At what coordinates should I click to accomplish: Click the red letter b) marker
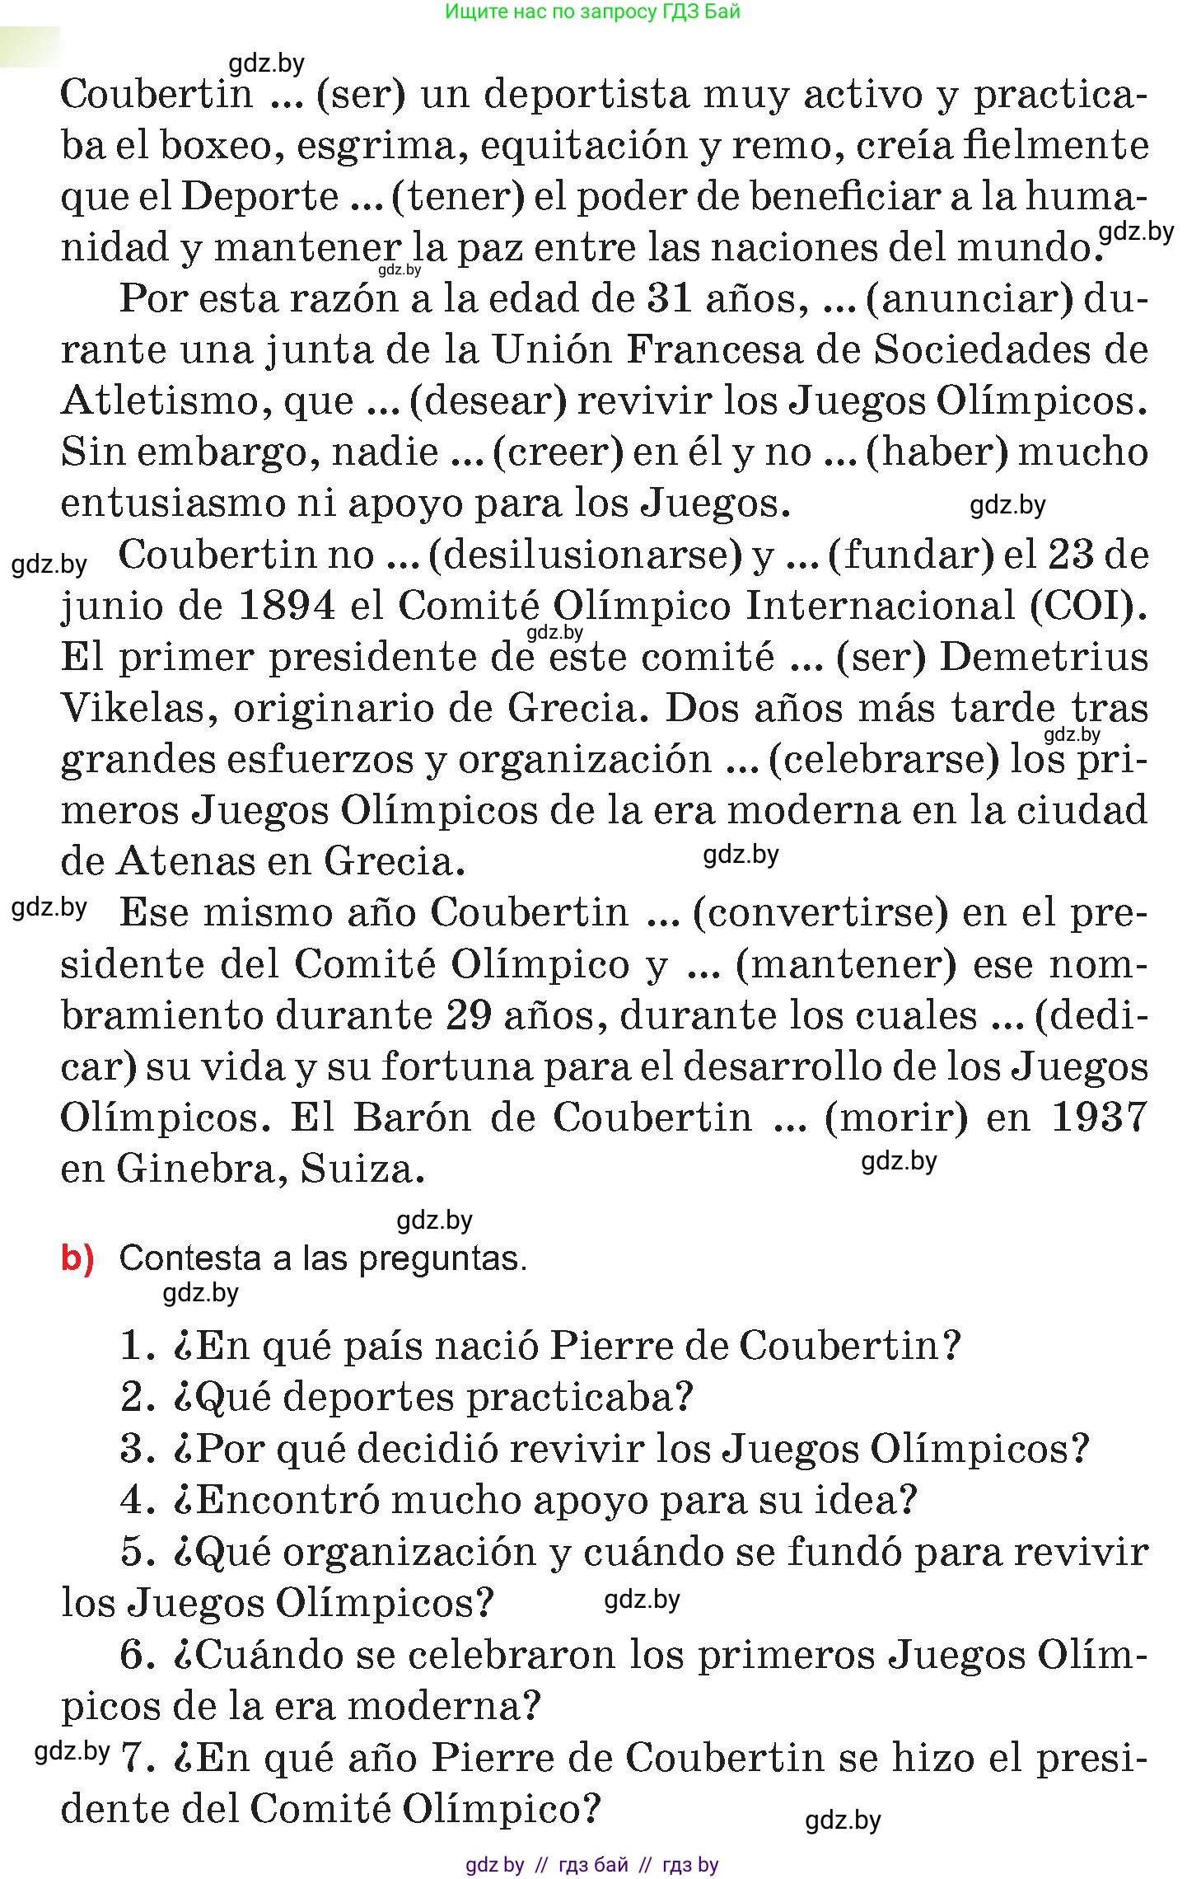[x=78, y=1258]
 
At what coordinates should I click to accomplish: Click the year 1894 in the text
[x=287, y=607]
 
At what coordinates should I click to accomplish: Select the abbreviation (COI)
[x=1089, y=607]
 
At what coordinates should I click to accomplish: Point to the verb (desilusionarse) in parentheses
[x=586, y=555]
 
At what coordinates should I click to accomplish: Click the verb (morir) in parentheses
[x=896, y=1118]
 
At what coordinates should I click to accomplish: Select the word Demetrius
[x=1044, y=658]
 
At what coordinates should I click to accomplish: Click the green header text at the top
[x=592, y=12]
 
